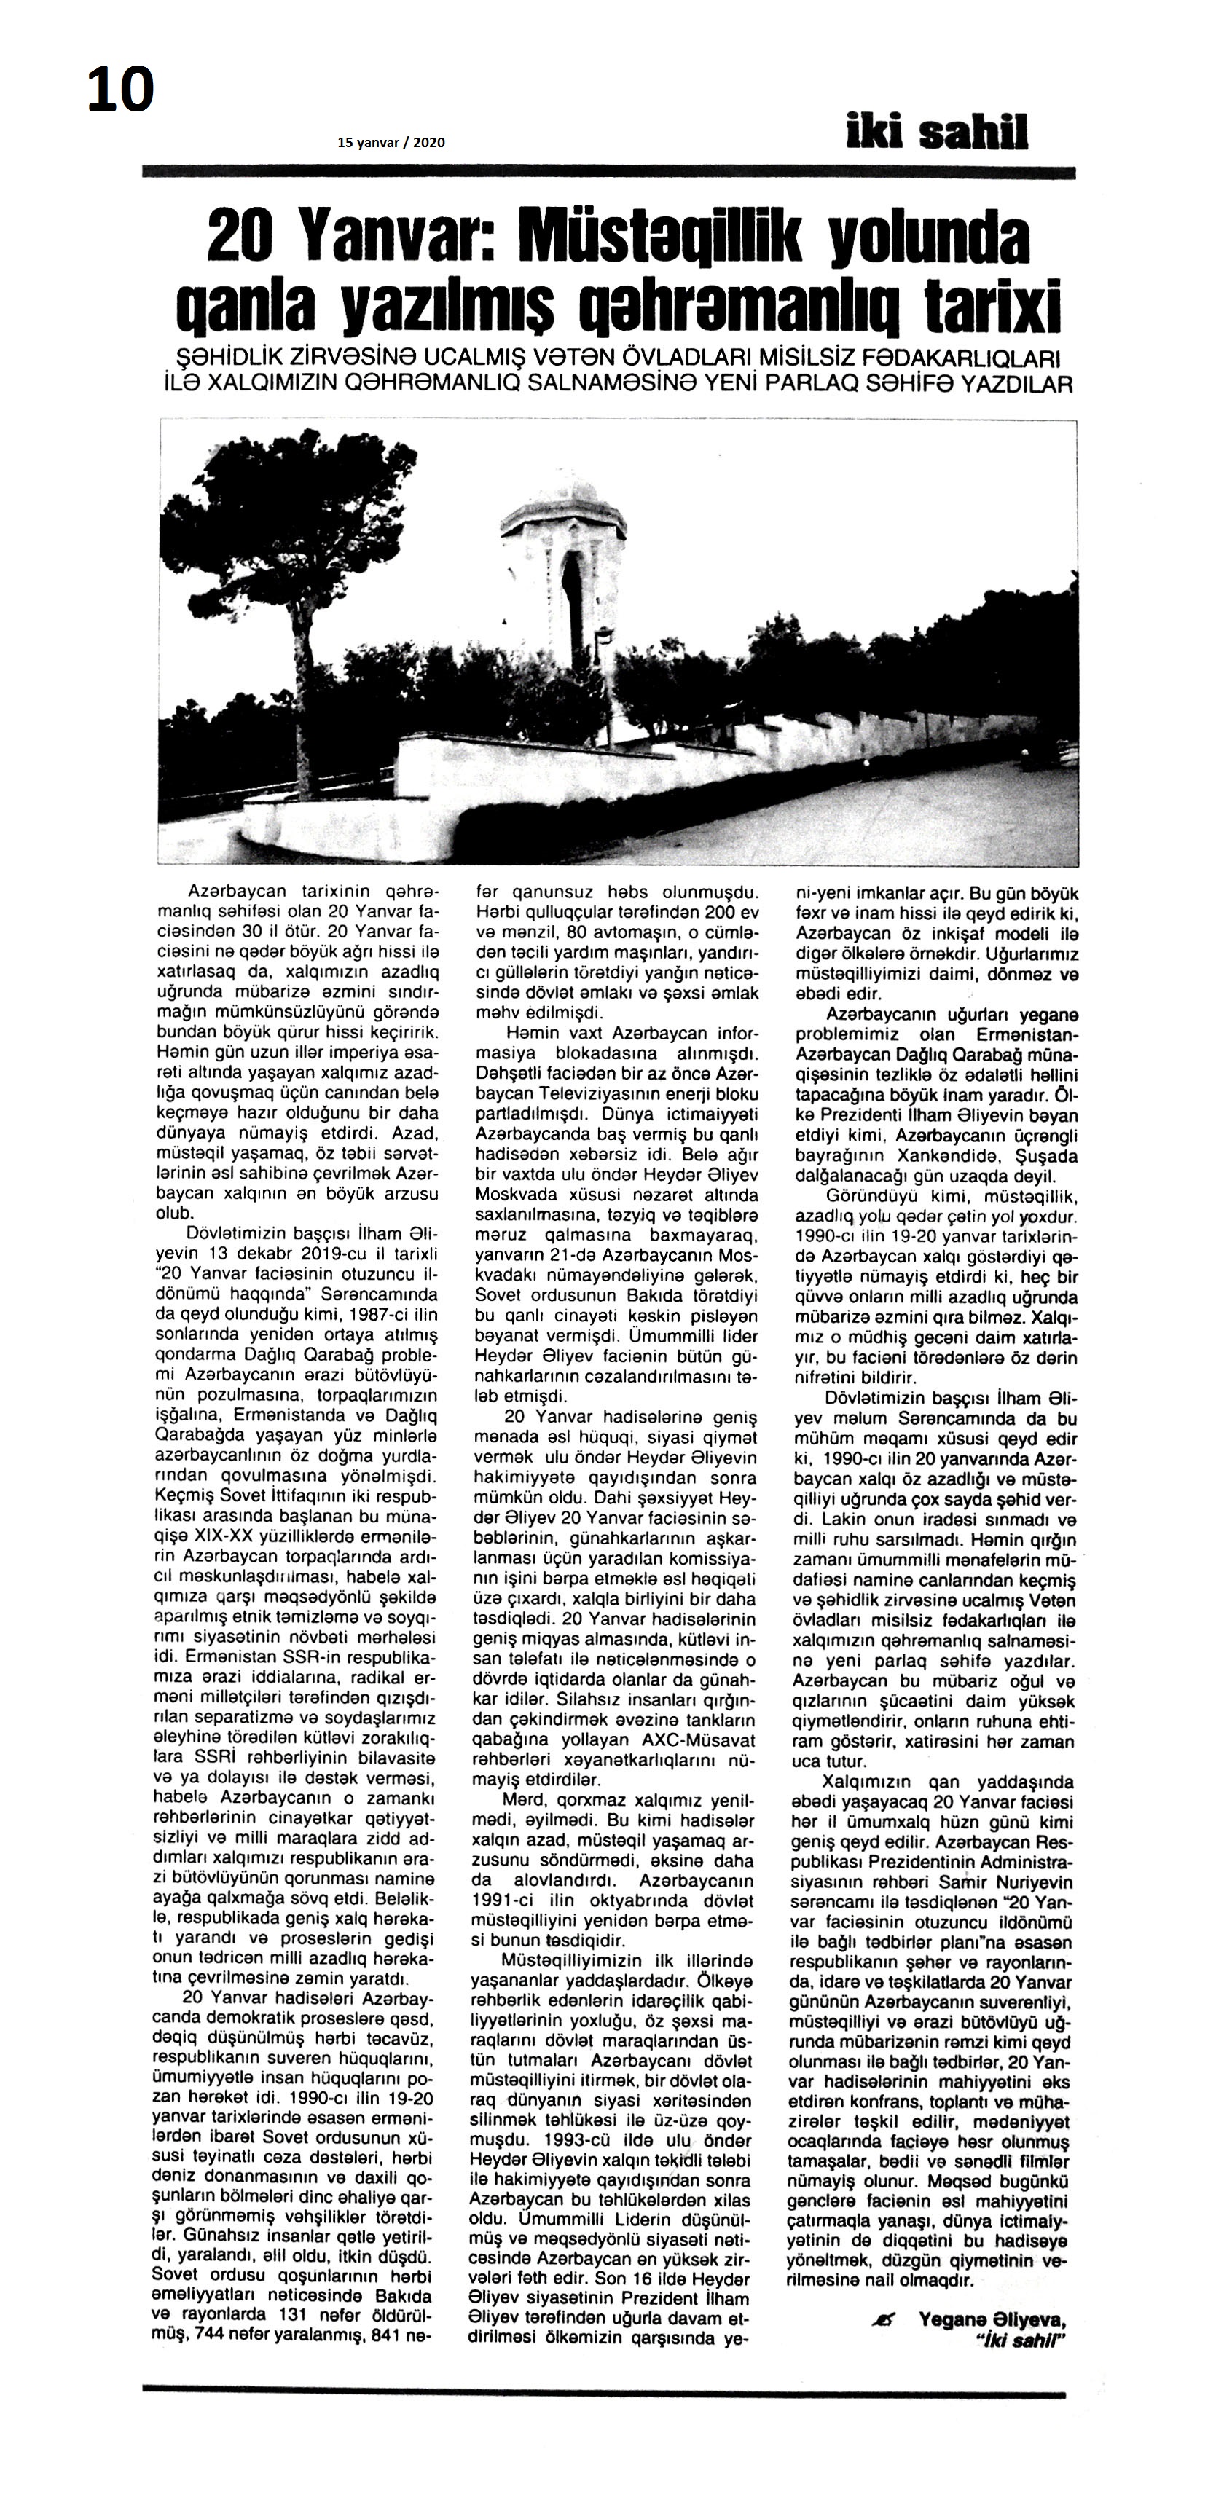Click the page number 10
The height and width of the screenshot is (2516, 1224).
[120, 90]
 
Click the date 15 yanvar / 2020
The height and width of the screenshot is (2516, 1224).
[391, 143]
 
